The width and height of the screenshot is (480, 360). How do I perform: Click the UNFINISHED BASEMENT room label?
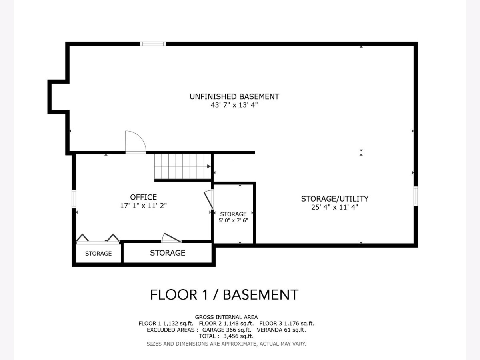(234, 97)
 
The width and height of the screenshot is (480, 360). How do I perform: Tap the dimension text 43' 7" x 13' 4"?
(234, 105)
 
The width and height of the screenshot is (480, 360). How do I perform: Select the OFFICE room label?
(144, 197)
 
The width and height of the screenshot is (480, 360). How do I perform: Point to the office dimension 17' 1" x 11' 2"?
(144, 206)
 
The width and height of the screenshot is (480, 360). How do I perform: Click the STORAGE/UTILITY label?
(335, 199)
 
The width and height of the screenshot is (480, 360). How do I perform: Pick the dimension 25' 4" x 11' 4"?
(335, 207)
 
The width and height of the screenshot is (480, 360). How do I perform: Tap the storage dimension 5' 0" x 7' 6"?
(233, 220)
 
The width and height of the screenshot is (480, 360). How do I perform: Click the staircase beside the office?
(182, 166)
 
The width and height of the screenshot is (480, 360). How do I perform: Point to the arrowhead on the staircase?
(209, 166)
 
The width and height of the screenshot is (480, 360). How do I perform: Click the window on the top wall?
(153, 44)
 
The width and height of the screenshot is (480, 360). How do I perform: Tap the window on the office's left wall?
(74, 199)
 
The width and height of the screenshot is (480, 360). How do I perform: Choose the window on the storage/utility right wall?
(416, 196)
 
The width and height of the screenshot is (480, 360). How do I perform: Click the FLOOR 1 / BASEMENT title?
(224, 295)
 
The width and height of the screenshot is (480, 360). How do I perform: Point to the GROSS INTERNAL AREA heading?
(226, 317)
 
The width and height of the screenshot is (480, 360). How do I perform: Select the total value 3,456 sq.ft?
(238, 336)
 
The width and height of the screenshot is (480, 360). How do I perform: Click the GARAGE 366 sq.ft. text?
(226, 330)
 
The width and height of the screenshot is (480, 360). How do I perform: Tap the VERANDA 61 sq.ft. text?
(281, 330)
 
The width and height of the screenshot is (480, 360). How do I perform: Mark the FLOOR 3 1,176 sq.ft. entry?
(287, 324)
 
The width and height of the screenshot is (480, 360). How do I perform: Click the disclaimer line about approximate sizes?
(226, 344)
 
